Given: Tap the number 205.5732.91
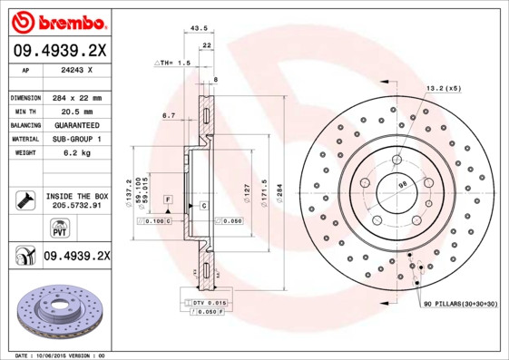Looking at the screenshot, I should click(76, 206).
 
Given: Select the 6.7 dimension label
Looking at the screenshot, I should click(168, 115).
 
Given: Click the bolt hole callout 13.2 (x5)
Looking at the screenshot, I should click(444, 89).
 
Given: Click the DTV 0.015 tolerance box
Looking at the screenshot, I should click(208, 302).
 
